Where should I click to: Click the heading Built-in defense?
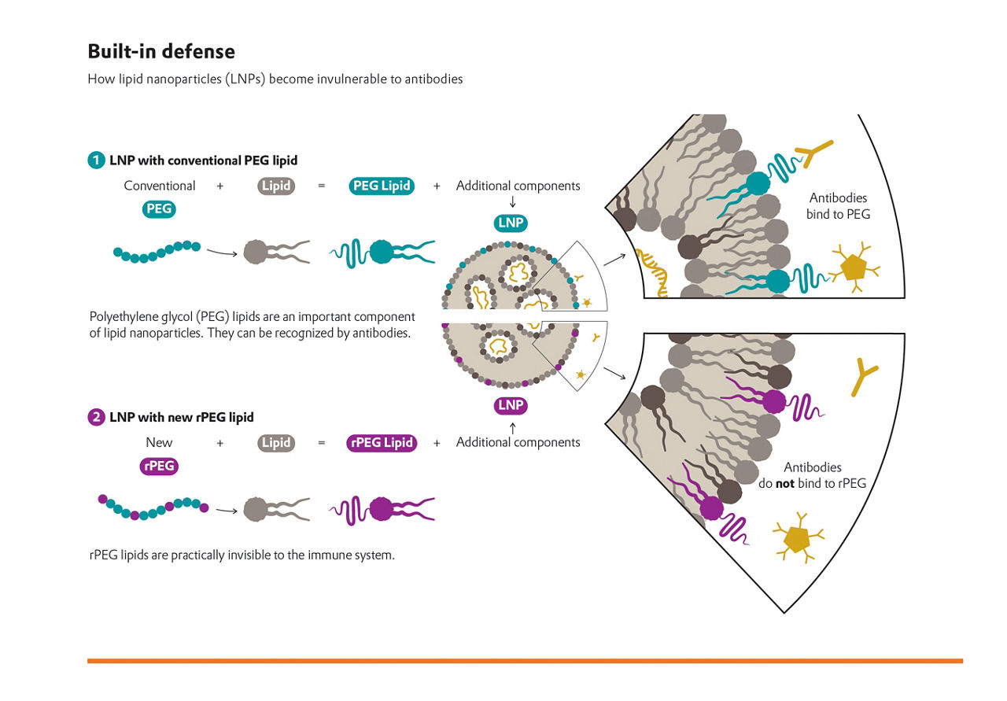[161, 52]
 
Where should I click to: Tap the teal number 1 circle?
[96, 160]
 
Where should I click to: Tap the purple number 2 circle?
[96, 417]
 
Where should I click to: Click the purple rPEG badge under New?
[160, 467]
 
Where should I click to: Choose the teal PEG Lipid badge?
[382, 186]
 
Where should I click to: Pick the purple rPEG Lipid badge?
[382, 443]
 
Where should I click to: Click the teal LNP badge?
[511, 223]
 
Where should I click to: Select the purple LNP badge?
[511, 406]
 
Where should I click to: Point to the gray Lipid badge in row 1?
[276, 186]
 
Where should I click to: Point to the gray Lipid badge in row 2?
[276, 443]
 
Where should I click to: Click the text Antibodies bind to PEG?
[839, 206]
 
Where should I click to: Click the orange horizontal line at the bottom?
[525, 661]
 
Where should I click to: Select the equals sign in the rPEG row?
[321, 443]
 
